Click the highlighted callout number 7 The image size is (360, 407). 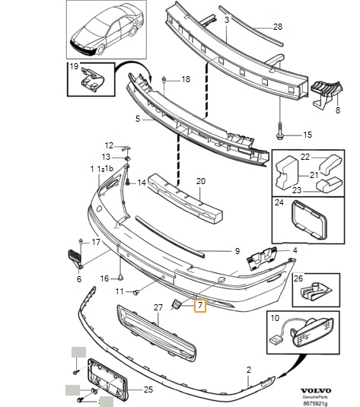[200, 306]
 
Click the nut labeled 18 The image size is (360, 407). [164, 79]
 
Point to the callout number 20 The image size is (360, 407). [201, 182]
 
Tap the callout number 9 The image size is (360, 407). [237, 250]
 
